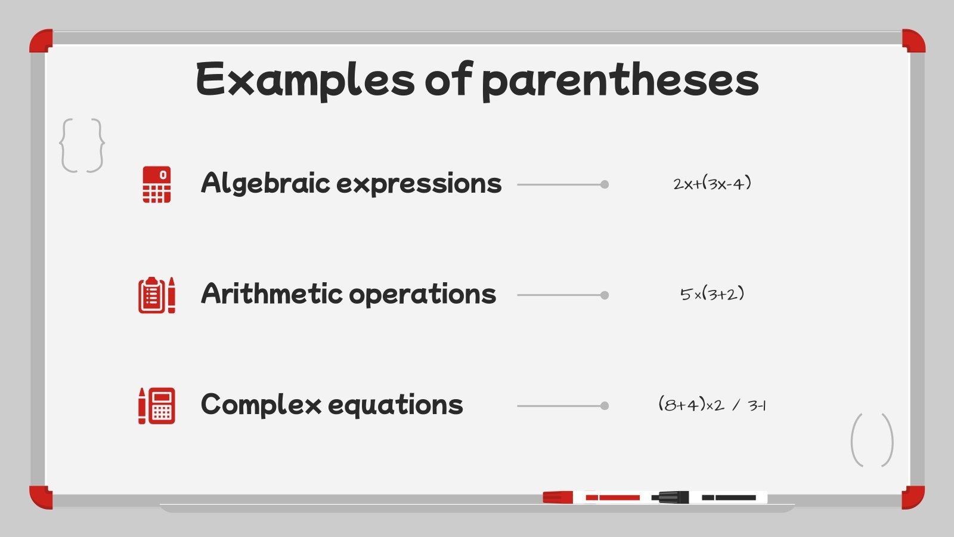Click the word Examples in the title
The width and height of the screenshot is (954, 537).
coord(305,79)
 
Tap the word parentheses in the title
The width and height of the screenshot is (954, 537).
coord(620,81)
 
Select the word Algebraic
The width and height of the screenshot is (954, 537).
coord(265,183)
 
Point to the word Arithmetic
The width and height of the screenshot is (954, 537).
coord(271,294)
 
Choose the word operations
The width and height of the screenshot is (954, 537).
coord(422,295)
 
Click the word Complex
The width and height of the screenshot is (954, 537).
coord(261,405)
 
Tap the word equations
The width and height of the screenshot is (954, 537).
coord(395,406)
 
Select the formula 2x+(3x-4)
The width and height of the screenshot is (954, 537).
coord(712,183)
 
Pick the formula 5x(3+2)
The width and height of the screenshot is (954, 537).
coord(712,294)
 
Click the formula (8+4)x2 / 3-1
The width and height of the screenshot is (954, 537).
coord(712,405)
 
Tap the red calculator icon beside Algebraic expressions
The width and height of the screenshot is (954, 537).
coord(157,184)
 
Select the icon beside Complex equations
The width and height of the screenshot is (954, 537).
coord(157,406)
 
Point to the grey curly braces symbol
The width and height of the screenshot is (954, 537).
coord(82,146)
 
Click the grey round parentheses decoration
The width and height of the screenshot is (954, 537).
coord(872,440)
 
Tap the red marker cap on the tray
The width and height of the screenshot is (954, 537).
coord(557,497)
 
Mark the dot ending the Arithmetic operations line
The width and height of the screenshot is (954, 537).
coord(605,295)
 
